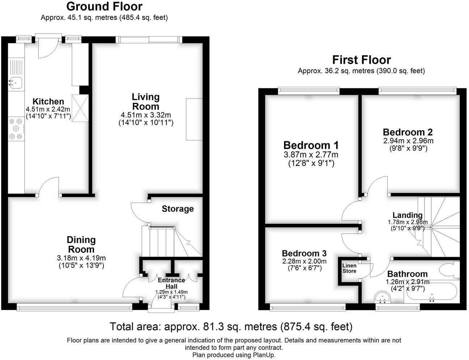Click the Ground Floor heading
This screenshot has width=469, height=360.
click(104, 7)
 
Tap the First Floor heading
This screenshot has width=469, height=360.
click(362, 60)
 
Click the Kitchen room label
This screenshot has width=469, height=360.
click(48, 101)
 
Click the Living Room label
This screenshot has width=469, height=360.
click(146, 101)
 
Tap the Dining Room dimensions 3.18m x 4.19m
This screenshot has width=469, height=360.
click(81, 258)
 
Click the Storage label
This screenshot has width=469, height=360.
click(178, 209)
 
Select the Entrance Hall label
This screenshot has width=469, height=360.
click(172, 283)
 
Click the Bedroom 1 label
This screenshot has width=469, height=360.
click(311, 145)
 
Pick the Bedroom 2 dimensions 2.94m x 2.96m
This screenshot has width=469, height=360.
click(408, 141)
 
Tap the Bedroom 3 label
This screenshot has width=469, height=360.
click(304, 253)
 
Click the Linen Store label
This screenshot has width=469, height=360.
click(349, 268)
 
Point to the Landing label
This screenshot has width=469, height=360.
click(407, 215)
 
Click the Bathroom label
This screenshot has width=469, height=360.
click(407, 274)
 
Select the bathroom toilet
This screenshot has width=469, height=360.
click(449, 269)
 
